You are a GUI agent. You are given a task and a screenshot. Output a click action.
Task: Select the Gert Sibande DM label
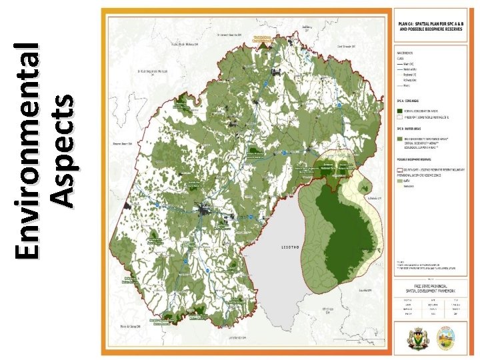346,47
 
